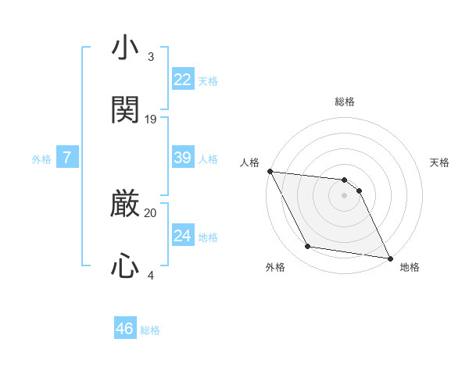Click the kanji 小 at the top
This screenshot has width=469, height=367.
[x=125, y=48]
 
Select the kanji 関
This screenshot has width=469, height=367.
[x=125, y=110]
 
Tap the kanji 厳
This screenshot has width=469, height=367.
[x=125, y=204]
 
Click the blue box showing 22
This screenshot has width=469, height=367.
[x=182, y=79]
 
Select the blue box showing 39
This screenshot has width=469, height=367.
[x=182, y=157]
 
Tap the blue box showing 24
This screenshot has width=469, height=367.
[x=182, y=235]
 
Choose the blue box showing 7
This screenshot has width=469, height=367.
[x=67, y=158]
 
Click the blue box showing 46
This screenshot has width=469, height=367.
[x=124, y=329]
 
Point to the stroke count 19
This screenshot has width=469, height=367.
[x=151, y=119]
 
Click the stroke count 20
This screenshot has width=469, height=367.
[x=151, y=212]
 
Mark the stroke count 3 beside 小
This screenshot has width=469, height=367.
[x=151, y=57]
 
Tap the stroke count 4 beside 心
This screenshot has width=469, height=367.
[x=151, y=275]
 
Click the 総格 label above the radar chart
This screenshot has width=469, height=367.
[x=345, y=102]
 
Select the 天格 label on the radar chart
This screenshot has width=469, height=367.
[x=440, y=162]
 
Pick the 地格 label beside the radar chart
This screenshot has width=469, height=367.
[x=410, y=267]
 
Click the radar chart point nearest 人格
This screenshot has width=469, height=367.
[x=270, y=171]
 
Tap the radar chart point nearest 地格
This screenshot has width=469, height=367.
[x=389, y=257]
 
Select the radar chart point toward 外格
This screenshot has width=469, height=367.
[x=308, y=247]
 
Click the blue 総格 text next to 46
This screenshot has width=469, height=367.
[x=150, y=330]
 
